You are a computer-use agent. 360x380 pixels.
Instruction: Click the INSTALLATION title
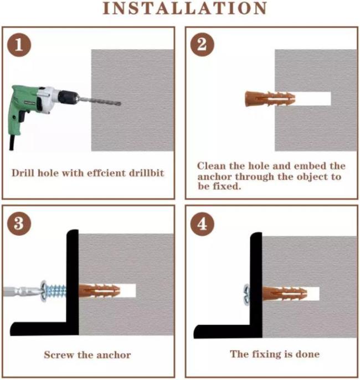click(185, 8)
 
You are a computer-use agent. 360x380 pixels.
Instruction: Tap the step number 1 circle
click(19, 45)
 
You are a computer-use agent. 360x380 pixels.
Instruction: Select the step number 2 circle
click(202, 45)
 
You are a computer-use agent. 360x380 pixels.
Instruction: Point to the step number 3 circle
click(19, 223)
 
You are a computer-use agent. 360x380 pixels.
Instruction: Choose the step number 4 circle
click(202, 223)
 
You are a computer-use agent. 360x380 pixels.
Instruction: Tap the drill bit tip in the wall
click(119, 103)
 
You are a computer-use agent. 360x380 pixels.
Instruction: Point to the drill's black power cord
click(12, 143)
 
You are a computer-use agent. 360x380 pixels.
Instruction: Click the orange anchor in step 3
click(100, 291)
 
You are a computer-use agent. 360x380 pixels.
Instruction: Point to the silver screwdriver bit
click(22, 291)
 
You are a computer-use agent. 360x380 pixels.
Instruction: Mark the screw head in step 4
click(246, 294)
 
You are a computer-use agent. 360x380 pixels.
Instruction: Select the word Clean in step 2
click(212, 166)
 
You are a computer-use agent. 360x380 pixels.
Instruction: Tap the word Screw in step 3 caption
click(59, 355)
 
